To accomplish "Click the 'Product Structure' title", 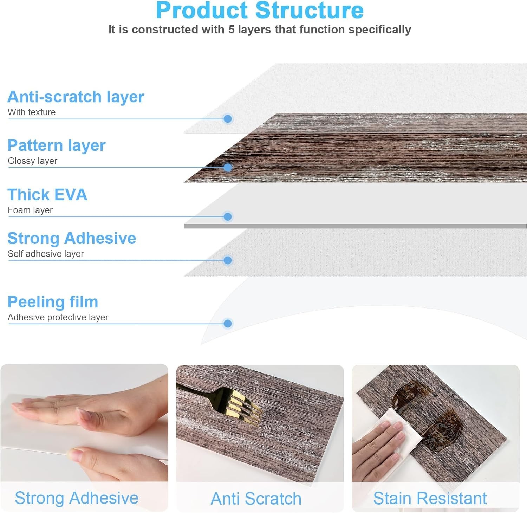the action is point(260,10).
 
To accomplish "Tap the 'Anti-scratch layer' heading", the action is point(76,97).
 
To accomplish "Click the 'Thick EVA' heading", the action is point(47,195).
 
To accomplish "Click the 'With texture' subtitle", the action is point(32,112).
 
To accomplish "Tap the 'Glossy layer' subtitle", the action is point(32,161).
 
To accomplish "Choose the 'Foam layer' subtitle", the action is point(30,210).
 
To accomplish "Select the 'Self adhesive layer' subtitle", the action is point(46,254).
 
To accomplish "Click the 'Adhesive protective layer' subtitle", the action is point(58,317).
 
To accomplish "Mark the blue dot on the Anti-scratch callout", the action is point(228,119).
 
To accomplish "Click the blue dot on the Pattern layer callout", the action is point(228,168).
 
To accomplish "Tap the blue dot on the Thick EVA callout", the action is point(228,216).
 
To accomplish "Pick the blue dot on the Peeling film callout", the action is point(228,323).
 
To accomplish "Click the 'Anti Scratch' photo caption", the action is point(256,499).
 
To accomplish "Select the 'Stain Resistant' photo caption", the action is point(430,498).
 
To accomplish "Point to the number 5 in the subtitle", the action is point(232,30).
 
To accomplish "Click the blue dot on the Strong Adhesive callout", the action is point(228,260).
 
